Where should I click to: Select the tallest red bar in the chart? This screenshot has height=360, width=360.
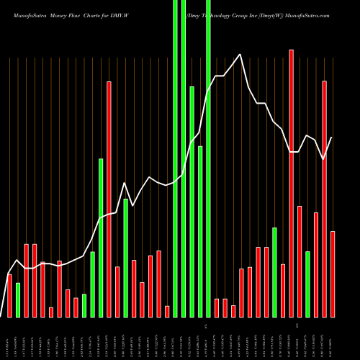coord(292,183)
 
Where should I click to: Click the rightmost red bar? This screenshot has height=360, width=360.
coord(333,274)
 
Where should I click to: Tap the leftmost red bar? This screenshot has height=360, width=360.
coord(10,295)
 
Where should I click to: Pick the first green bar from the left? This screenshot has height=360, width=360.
coord(18,300)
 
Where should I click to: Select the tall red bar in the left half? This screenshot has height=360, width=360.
coord(109,199)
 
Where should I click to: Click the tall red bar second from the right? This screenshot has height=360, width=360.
coord(325,199)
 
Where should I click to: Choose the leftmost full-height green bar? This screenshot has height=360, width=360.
coord(175,158)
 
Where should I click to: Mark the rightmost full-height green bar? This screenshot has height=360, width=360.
coord(209,158)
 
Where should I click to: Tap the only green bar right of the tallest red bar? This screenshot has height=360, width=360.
coord(308,284)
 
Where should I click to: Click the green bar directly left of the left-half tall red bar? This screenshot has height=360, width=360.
coord(101,238)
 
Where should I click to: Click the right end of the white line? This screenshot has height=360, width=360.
coord(332,138)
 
